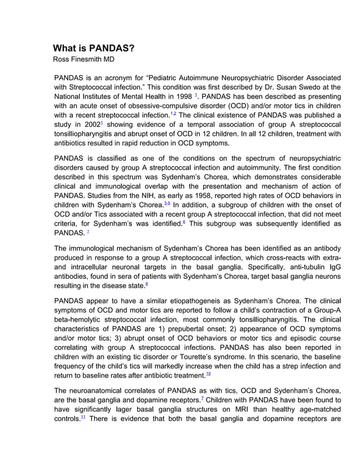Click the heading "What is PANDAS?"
coord(94,48)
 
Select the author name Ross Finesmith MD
coord(84,59)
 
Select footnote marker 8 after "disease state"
coord(147,285)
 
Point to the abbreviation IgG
coord(334,267)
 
